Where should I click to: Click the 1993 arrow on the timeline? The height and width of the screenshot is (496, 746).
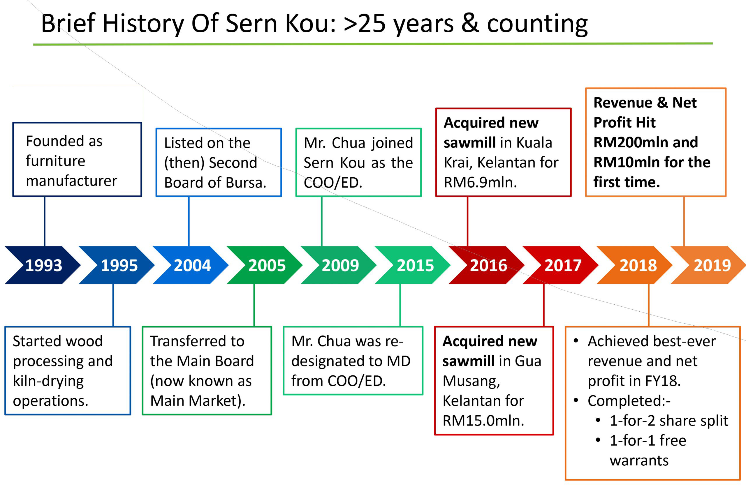[x=43, y=265]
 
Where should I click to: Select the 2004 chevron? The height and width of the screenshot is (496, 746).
[x=191, y=265]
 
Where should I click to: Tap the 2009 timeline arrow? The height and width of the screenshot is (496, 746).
[x=339, y=265]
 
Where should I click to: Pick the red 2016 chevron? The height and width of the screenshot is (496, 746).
[x=486, y=265]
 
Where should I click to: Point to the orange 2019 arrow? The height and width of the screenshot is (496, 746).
[x=708, y=265]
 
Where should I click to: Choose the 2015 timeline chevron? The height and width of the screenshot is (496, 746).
[x=413, y=265]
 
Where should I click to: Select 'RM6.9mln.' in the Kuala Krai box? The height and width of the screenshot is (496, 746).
[x=480, y=183]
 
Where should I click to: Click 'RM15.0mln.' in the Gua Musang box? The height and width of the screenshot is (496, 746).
[x=483, y=421]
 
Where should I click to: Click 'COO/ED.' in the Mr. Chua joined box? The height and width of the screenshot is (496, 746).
[x=333, y=183]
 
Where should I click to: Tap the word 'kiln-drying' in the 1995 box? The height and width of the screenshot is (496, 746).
[x=48, y=382]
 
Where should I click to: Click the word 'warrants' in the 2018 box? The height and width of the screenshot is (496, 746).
[x=639, y=460]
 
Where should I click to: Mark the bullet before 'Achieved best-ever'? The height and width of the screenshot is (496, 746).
[x=576, y=341]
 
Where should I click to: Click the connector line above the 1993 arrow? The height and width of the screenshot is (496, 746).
[x=45, y=221]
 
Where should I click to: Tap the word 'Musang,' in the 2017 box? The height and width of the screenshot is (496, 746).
[x=471, y=382]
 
